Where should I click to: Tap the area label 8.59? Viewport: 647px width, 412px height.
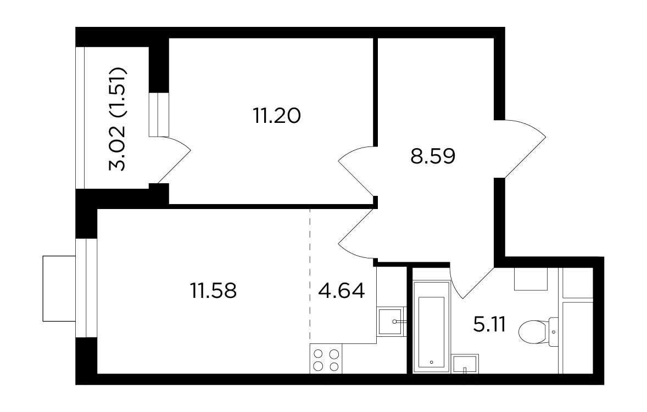coord(433,156)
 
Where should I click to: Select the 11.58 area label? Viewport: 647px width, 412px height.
coord(213,290)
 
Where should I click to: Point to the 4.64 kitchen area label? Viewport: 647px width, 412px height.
coord(342,290)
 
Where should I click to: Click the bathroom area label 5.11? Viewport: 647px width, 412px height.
coord(490,325)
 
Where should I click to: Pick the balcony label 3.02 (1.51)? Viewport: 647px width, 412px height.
coord(117,118)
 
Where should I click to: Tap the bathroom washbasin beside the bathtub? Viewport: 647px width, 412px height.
coord(465,364)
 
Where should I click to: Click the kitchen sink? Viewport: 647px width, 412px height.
coord(390,321)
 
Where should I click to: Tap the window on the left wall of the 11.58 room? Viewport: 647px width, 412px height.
coord(86,287)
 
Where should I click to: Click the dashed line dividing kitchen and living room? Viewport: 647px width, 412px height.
coord(310,275)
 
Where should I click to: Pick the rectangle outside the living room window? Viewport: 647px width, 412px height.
coord(59,289)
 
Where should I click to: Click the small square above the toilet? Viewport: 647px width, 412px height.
coord(531,279)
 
